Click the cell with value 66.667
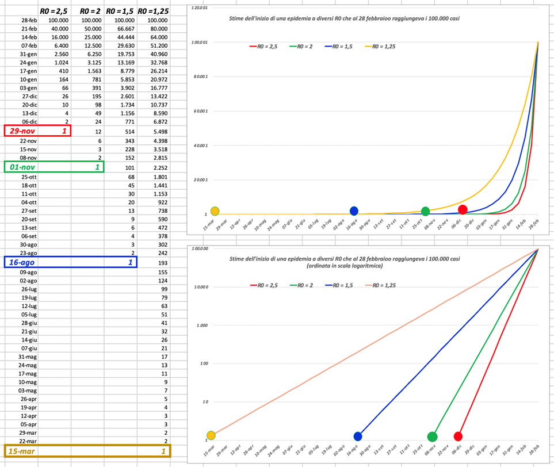click(x=121, y=29)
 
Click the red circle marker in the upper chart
click(x=463, y=210)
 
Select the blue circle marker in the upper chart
click(x=354, y=212)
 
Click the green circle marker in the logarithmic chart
click(x=432, y=437)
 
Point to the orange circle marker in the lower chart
click(x=211, y=435)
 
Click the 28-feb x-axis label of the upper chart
click(x=534, y=225)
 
